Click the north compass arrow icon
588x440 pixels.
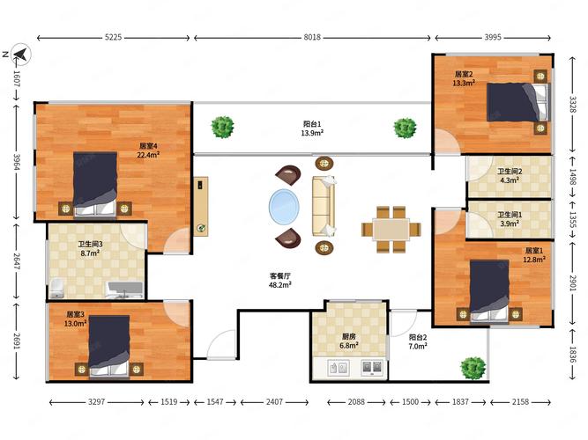(x=21, y=55)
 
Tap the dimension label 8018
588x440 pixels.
(x=312, y=37)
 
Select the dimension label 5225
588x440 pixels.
(x=113, y=37)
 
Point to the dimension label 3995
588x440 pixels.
(x=493, y=37)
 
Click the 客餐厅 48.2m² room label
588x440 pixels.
(x=280, y=281)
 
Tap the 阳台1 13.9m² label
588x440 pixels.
(x=312, y=128)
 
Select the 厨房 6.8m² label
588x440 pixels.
(x=349, y=341)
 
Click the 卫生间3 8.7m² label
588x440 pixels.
(x=90, y=249)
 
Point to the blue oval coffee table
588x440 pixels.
(x=284, y=207)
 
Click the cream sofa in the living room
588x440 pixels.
(x=324, y=206)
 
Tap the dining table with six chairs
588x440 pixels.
(x=391, y=229)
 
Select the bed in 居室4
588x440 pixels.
(x=95, y=184)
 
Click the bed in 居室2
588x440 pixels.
(x=517, y=102)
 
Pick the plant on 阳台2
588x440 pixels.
(x=473, y=368)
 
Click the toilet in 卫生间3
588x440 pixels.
(x=56, y=289)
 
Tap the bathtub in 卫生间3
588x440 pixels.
(x=124, y=290)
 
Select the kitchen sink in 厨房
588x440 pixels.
(x=339, y=368)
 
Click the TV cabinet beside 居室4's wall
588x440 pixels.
(x=201, y=206)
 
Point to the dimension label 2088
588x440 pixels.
(x=356, y=402)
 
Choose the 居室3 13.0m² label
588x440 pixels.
(x=76, y=319)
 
